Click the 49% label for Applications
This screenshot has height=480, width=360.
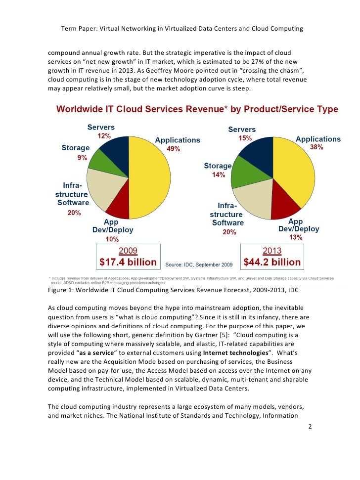coord(173,149)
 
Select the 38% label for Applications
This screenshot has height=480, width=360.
coord(316,147)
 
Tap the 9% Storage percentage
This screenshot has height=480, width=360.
coord(82,158)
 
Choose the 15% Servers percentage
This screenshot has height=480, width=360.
coord(245,138)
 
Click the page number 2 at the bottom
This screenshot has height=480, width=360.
coord(310,426)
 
